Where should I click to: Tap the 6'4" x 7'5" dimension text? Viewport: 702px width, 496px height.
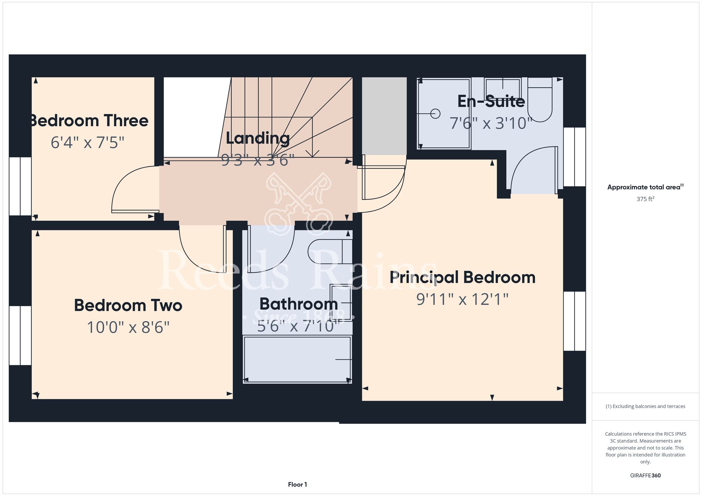[87, 143]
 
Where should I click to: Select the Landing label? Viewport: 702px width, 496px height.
[258, 138]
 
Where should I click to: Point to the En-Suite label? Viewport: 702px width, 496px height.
[491, 101]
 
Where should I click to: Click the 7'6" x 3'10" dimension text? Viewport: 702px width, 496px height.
[491, 123]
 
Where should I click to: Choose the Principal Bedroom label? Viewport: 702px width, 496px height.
[463, 277]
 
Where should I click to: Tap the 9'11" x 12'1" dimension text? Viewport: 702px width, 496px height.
[463, 299]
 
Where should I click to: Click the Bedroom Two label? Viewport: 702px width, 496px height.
[128, 305]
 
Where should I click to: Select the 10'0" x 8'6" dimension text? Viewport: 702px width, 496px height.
[128, 327]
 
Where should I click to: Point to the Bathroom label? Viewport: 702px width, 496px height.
[299, 304]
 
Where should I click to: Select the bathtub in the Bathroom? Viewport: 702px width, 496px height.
[297, 360]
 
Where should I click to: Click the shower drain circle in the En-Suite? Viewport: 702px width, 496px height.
[435, 114]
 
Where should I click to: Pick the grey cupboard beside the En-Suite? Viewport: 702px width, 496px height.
[384, 116]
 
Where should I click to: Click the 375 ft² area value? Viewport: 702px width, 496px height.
[645, 199]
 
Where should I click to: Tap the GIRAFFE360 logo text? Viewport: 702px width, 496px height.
[645, 476]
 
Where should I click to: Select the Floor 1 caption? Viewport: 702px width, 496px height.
[298, 484]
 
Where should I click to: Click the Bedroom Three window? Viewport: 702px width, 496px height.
[20, 186]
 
